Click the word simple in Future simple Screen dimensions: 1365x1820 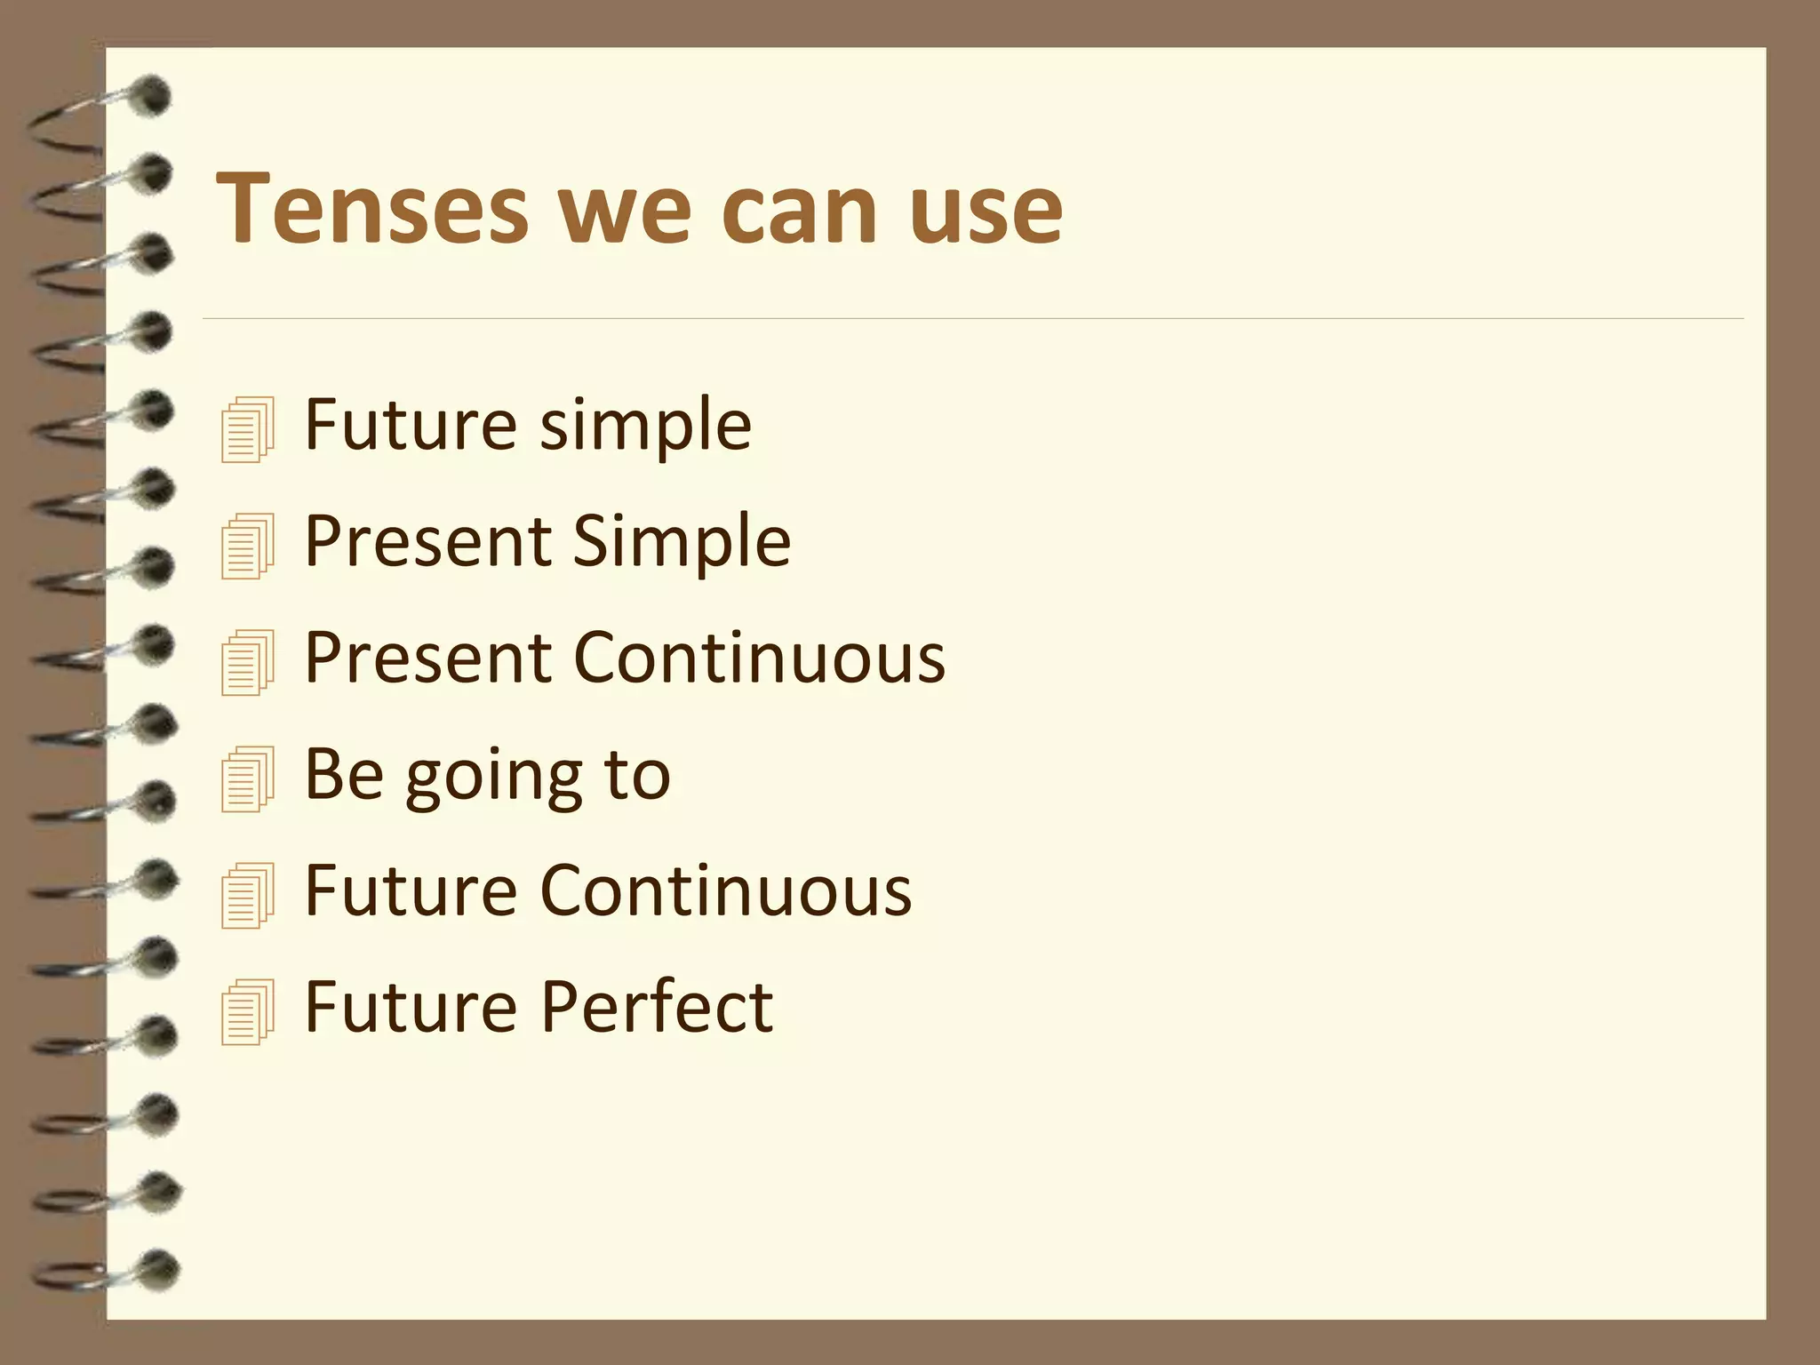pyautogui.click(x=645, y=427)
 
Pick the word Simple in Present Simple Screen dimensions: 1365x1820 pyautogui.click(x=681, y=541)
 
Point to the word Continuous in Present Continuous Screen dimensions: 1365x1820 pyautogui.click(x=760, y=659)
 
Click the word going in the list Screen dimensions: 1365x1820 pyautogui.click(x=494, y=777)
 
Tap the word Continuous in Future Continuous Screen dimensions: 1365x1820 pyautogui.click(x=726, y=890)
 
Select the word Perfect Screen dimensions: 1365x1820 pyautogui.click(x=657, y=1007)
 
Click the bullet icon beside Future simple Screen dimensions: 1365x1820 pyautogui.click(x=247, y=429)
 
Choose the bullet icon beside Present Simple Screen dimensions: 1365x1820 pyautogui.click(x=247, y=546)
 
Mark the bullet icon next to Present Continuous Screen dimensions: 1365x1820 pyautogui.click(x=247, y=662)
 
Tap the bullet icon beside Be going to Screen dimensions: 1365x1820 pyautogui.click(x=247, y=778)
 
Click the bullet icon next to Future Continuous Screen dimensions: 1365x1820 pyautogui.click(x=247, y=896)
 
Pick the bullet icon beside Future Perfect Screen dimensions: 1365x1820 pyautogui.click(x=247, y=1011)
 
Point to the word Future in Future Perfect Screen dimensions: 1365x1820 pyautogui.click(x=411, y=1007)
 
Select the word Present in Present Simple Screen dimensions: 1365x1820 pyautogui.click(x=427, y=541)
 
